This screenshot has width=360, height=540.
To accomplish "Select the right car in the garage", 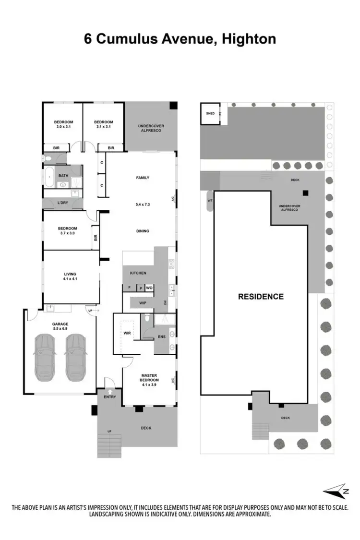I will [x=75, y=358].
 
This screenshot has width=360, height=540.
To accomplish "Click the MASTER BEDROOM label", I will [x=150, y=378].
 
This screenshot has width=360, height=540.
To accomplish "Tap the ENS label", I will [x=162, y=337].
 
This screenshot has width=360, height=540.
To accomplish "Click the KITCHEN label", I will [x=138, y=273].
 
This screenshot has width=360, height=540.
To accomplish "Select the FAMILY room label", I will [x=143, y=178].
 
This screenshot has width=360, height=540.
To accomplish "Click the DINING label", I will [x=143, y=231].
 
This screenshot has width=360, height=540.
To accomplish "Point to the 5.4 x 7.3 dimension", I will [x=143, y=204].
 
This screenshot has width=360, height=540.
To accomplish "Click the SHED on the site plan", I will [x=210, y=114].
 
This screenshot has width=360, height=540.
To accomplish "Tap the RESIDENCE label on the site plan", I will [x=261, y=297].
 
